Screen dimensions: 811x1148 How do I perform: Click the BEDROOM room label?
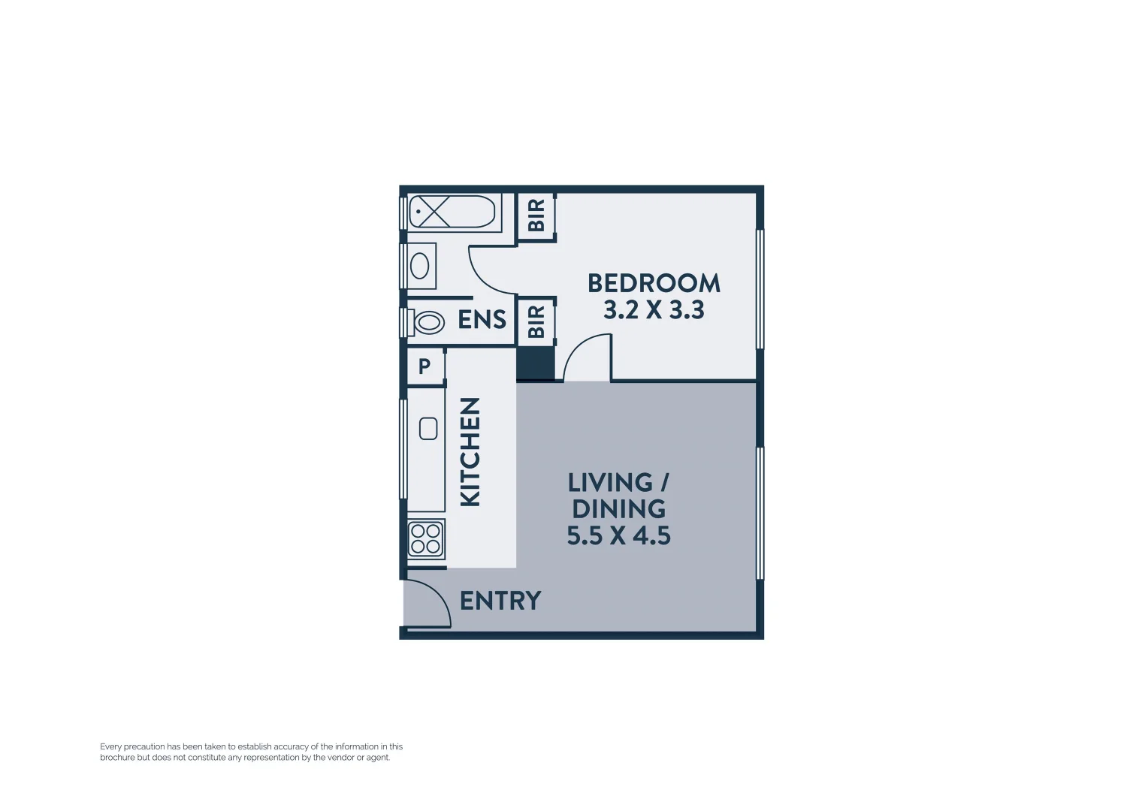pos(654,283)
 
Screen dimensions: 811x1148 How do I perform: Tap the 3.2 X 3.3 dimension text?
pos(654,309)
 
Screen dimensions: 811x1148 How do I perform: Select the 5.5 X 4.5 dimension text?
pos(618,535)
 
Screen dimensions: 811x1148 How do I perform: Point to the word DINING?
pos(618,509)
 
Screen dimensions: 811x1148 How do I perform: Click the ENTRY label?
pos(500,601)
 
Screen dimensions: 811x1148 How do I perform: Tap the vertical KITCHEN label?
pos(470,452)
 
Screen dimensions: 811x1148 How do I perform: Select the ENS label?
pos(482,320)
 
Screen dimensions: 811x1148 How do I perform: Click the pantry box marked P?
pos(424,366)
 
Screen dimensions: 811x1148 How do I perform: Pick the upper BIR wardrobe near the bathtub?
pos(536,216)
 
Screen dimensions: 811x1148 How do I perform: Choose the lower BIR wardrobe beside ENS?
pos(536,321)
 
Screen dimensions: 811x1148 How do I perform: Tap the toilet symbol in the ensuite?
pos(427,323)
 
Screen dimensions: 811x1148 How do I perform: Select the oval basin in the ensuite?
pos(419,266)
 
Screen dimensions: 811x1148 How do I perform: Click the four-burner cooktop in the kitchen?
pos(425,539)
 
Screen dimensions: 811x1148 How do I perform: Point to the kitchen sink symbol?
pos(428,429)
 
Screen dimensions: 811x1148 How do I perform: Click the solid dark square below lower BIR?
pos(536,365)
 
